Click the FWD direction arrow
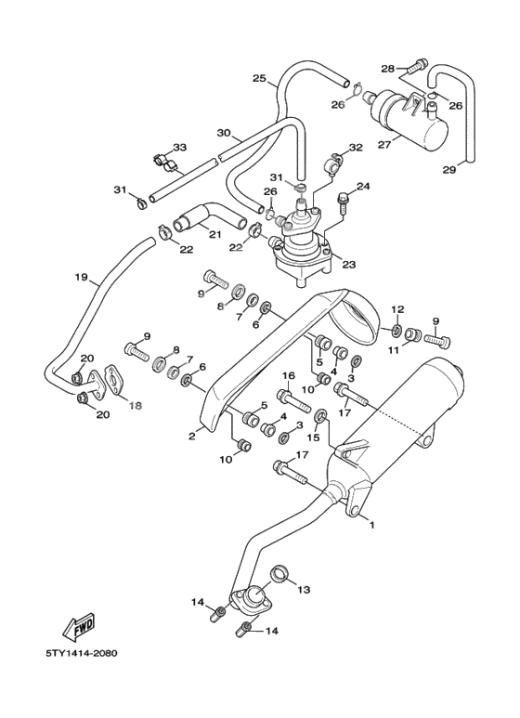click(x=79, y=626)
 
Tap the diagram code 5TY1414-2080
click(x=82, y=653)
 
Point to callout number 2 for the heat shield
click(x=192, y=436)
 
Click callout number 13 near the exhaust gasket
click(x=304, y=590)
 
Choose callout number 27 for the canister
click(x=385, y=145)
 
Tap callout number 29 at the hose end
click(x=449, y=170)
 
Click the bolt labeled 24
click(x=343, y=204)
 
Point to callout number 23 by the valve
click(x=349, y=264)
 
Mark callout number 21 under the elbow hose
click(x=215, y=234)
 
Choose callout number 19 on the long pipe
click(x=81, y=278)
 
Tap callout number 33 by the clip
click(x=180, y=148)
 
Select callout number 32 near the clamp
click(x=356, y=148)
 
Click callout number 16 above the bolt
click(x=289, y=376)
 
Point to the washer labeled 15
click(x=320, y=416)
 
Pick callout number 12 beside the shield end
click(x=397, y=308)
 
